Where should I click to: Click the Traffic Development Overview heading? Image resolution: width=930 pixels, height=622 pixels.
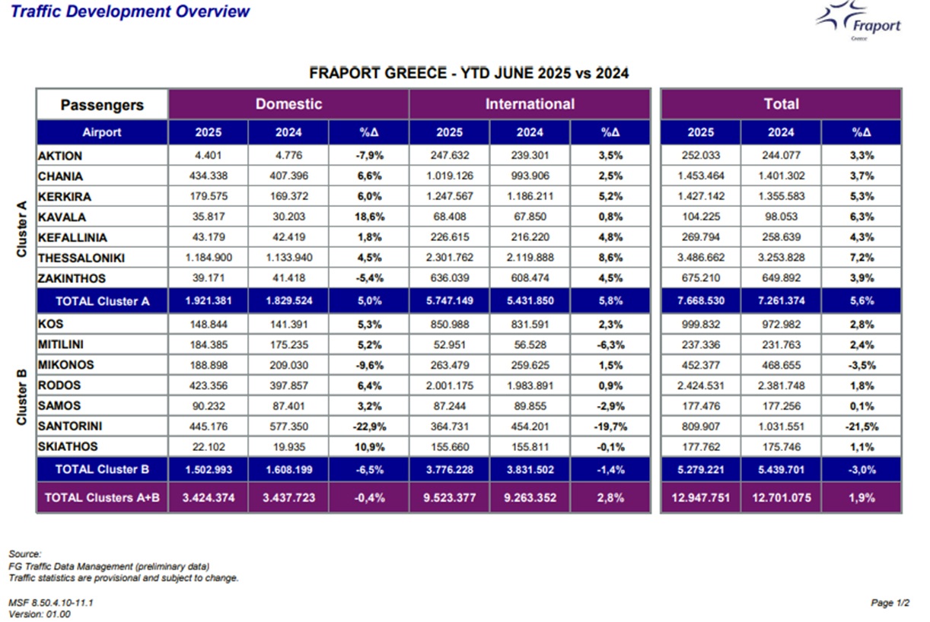(x=130, y=11)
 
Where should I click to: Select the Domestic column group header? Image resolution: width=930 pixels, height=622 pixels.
(x=288, y=103)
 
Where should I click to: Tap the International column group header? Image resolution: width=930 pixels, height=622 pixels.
(x=530, y=103)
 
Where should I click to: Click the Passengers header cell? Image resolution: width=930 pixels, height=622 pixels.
(x=102, y=105)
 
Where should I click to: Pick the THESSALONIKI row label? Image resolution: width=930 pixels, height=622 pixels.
(x=81, y=258)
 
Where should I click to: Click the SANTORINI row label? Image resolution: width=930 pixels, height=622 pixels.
(x=70, y=426)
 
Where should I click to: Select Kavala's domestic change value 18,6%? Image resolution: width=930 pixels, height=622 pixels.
(x=370, y=217)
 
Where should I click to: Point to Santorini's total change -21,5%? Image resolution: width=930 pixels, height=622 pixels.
(x=862, y=427)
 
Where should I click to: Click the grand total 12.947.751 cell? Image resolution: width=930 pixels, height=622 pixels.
(x=701, y=497)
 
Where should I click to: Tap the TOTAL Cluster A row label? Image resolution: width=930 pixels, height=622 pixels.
(x=103, y=301)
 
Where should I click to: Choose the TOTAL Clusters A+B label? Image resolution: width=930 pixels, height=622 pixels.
(x=102, y=497)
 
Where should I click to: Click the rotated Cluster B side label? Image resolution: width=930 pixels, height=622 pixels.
(x=21, y=397)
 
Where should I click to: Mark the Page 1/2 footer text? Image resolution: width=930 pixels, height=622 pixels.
(x=890, y=603)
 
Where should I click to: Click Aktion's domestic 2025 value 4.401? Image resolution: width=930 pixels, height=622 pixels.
(x=209, y=156)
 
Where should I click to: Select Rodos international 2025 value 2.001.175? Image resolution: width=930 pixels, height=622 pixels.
(x=449, y=386)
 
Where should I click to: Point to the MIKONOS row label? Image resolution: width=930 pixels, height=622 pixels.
(x=66, y=365)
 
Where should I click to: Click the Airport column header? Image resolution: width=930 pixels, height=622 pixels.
(x=102, y=132)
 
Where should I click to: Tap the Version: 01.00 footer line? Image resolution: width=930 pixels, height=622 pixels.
(x=40, y=614)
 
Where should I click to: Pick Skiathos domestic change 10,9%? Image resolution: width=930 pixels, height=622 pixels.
(x=370, y=447)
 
